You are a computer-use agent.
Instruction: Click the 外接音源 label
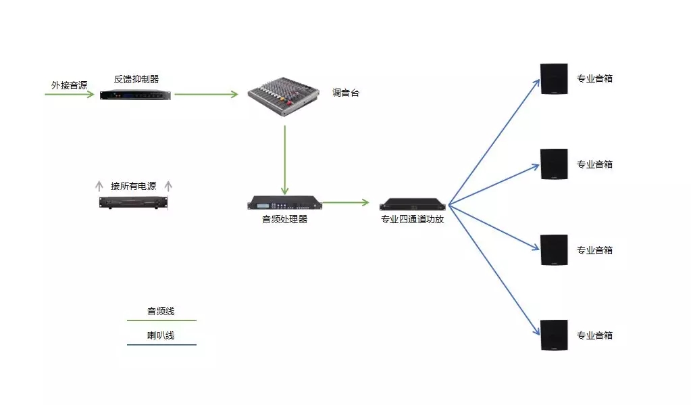click(x=70, y=85)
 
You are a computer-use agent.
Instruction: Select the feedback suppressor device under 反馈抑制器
click(x=135, y=95)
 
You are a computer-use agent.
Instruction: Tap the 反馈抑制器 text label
click(x=136, y=79)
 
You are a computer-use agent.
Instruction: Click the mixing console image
click(x=282, y=97)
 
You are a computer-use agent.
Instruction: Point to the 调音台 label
click(x=346, y=93)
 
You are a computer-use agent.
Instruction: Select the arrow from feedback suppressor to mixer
click(x=206, y=94)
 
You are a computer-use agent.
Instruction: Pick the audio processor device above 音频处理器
click(x=284, y=203)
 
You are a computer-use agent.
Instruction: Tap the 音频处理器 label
click(x=284, y=219)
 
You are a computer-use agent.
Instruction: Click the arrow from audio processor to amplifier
click(x=345, y=202)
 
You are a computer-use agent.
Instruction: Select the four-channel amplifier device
click(x=413, y=204)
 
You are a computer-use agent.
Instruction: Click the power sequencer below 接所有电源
click(x=133, y=202)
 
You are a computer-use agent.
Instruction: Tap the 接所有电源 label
click(x=134, y=186)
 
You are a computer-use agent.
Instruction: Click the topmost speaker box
click(x=554, y=78)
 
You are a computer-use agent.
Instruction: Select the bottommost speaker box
click(x=554, y=335)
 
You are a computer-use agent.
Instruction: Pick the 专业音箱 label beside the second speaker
click(x=594, y=164)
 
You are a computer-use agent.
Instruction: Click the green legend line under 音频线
click(x=161, y=320)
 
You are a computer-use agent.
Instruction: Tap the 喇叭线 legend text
click(x=161, y=335)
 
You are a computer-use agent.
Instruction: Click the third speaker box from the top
click(x=554, y=249)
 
